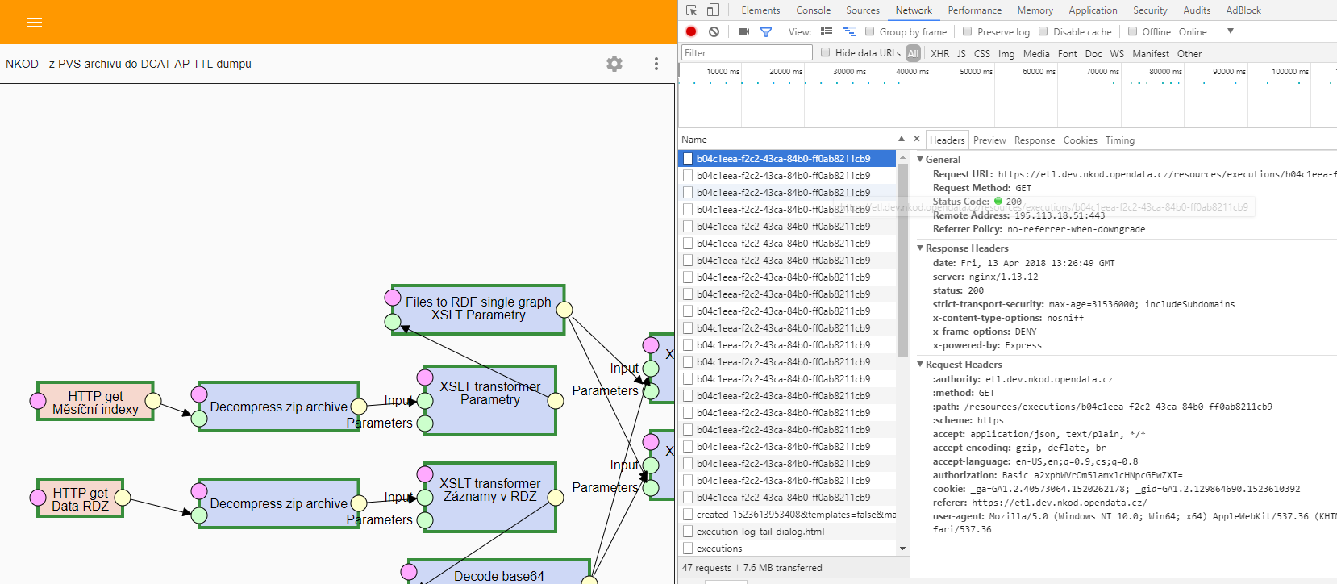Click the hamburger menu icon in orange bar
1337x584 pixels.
(x=35, y=23)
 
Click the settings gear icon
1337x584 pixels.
(x=614, y=64)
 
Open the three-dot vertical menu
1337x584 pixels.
(x=656, y=64)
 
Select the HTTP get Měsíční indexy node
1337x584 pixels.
(x=95, y=402)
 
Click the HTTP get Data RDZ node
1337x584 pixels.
(x=80, y=498)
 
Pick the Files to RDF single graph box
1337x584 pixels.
(x=478, y=309)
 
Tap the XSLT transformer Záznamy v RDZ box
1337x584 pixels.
(x=489, y=497)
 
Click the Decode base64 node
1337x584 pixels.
(x=498, y=574)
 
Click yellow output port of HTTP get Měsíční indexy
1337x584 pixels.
(x=153, y=401)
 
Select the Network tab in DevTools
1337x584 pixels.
(x=914, y=10)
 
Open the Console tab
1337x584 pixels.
(x=813, y=10)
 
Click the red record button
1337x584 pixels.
(x=691, y=31)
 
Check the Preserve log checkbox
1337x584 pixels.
(x=968, y=31)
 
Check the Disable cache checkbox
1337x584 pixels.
(x=1043, y=31)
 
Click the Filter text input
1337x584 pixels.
(x=747, y=53)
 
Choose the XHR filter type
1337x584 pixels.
(x=939, y=53)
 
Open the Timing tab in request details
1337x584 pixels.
(x=1119, y=140)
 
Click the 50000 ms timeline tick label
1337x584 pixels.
(x=976, y=72)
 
